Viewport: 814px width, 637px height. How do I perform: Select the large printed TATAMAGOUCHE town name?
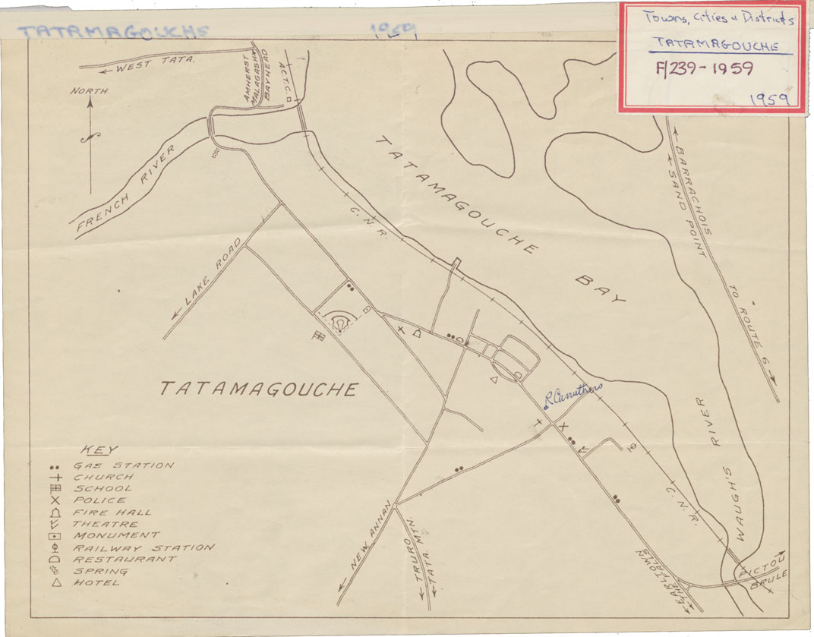pyautogui.click(x=259, y=389)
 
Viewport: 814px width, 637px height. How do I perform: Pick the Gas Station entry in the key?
pyautogui.click(x=121, y=465)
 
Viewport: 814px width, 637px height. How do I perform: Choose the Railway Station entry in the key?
pyautogui.click(x=142, y=547)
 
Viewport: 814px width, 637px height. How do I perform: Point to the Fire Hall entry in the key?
pyautogui.click(x=112, y=512)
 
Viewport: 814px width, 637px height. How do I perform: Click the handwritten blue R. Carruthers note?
pyautogui.click(x=573, y=393)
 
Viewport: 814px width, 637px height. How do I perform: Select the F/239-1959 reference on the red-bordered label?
pyautogui.click(x=704, y=69)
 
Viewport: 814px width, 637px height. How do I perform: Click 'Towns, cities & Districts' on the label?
pyautogui.click(x=717, y=19)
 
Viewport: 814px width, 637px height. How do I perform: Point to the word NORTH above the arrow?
pyautogui.click(x=90, y=91)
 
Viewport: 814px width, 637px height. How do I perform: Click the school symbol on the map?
pyautogui.click(x=319, y=336)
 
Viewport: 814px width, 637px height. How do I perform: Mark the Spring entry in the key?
pyautogui.click(x=100, y=571)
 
